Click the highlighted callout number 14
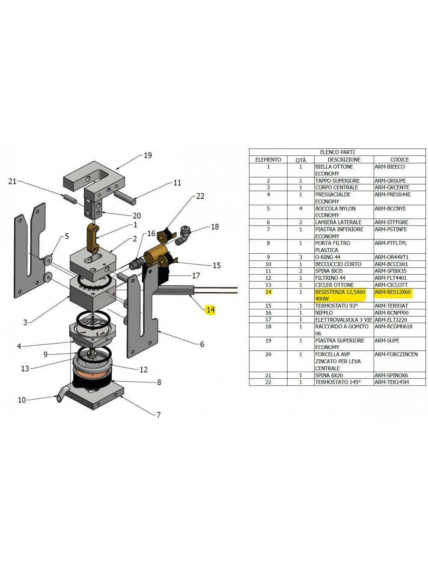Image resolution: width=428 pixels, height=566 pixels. click(210, 310)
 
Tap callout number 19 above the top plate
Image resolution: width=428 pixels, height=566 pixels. click(148, 155)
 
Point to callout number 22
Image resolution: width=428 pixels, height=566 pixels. click(200, 196)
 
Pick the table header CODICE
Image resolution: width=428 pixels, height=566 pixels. click(399, 160)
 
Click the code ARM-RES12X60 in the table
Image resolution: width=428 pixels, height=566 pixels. click(392, 292)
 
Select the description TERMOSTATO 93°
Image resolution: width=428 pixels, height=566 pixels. click(336, 306)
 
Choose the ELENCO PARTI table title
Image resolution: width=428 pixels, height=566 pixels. click(337, 152)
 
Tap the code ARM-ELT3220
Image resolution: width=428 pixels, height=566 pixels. click(391, 320)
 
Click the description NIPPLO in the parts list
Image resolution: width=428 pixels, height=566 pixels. click(324, 313)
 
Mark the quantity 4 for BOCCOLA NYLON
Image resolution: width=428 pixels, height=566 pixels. click(300, 209)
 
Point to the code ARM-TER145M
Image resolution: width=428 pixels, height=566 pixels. click(392, 382)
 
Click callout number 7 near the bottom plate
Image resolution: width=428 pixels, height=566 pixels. click(158, 415)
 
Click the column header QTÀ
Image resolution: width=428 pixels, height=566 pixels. click(300, 160)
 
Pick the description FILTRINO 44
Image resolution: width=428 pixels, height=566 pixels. click(330, 278)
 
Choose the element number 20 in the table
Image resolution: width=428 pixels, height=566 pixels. click(268, 354)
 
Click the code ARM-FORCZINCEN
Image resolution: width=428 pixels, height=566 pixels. click(396, 354)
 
